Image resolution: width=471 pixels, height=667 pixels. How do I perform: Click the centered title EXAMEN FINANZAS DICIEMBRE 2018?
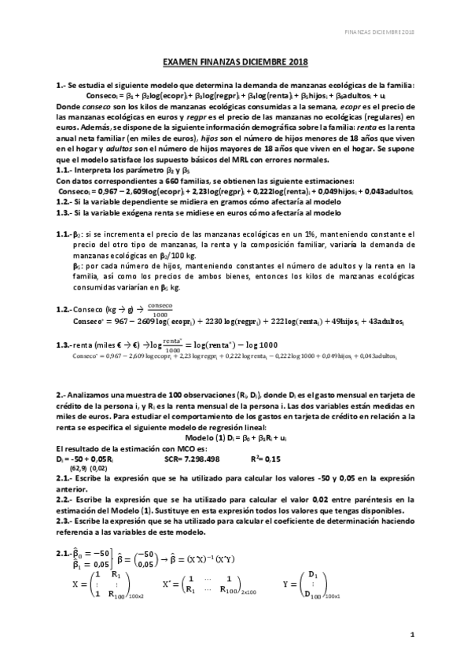(x=235, y=61)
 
